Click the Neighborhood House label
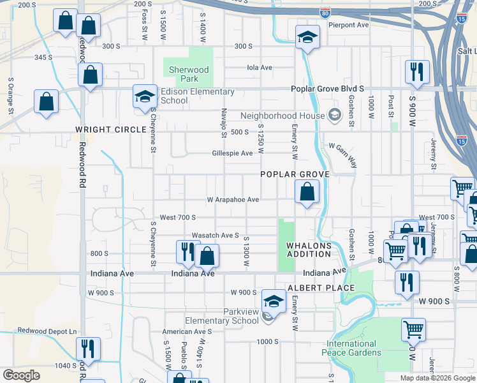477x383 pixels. [281, 116]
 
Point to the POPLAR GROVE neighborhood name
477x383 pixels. [294, 174]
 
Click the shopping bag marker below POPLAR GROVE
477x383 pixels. [307, 191]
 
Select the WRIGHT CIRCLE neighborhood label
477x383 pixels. [111, 130]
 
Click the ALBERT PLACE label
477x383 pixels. [321, 288]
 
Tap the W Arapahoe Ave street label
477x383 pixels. [233, 200]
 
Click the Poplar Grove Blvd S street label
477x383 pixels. [327, 89]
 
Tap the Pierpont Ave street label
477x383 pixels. [348, 25]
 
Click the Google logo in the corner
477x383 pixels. [22, 375]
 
